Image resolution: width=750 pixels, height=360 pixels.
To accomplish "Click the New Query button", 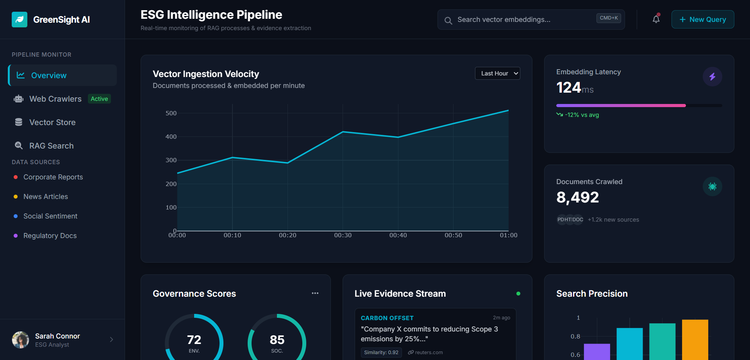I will (x=702, y=20).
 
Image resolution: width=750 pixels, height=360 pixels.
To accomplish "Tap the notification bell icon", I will (x=656, y=19).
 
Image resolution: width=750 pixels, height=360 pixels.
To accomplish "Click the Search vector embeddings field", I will (x=523, y=20).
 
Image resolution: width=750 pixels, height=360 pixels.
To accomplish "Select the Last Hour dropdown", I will (x=497, y=73).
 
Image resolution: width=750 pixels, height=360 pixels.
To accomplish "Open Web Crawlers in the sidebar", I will (x=55, y=99).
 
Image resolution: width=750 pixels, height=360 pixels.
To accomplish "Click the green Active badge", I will (x=99, y=99).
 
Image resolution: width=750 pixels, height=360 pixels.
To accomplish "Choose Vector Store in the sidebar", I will (x=52, y=122).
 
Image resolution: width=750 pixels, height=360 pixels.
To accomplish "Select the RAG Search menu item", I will (x=51, y=146).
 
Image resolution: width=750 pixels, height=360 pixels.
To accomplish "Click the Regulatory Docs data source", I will (x=50, y=236).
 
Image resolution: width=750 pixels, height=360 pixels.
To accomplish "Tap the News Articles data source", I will (x=45, y=197).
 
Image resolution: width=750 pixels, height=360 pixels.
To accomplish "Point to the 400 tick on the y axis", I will (x=171, y=137).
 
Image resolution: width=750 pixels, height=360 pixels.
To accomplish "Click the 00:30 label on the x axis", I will (x=343, y=235).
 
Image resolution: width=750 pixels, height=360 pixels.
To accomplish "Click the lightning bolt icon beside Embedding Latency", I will (x=712, y=77).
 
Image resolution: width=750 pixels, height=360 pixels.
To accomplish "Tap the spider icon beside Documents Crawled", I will (x=712, y=186).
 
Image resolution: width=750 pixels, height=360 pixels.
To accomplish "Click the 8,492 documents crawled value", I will (x=577, y=197).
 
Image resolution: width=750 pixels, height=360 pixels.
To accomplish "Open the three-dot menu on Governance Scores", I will (x=315, y=293).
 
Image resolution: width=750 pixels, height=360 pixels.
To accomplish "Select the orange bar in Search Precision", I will (x=695, y=339).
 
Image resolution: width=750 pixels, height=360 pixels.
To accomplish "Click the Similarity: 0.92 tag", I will (x=381, y=353).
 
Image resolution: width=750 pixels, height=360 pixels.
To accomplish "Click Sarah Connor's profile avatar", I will (x=21, y=340).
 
